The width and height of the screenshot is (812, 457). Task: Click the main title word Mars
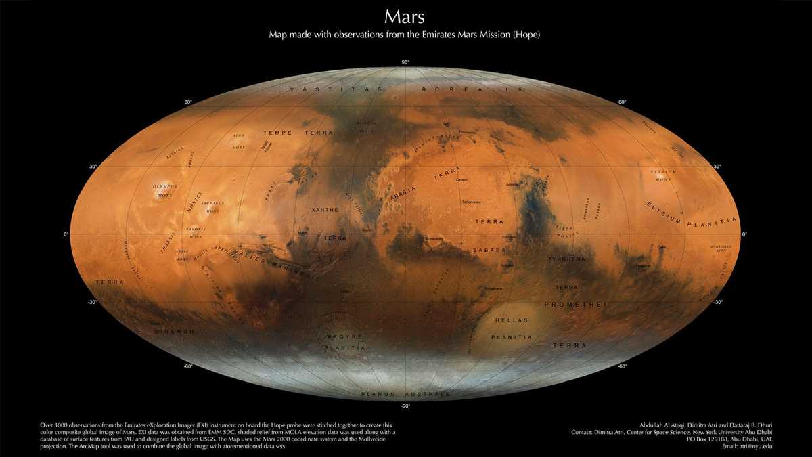405,16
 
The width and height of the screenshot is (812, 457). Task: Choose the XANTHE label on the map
324,211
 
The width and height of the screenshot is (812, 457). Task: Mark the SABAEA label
494,250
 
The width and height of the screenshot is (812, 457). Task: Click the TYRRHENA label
566,259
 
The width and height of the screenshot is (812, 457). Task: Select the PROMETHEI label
575,305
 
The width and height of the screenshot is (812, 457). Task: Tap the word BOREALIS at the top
472,89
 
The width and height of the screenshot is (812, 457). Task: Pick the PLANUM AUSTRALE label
405,394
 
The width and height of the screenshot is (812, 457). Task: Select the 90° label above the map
405,63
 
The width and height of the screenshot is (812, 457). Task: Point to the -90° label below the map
405,406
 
